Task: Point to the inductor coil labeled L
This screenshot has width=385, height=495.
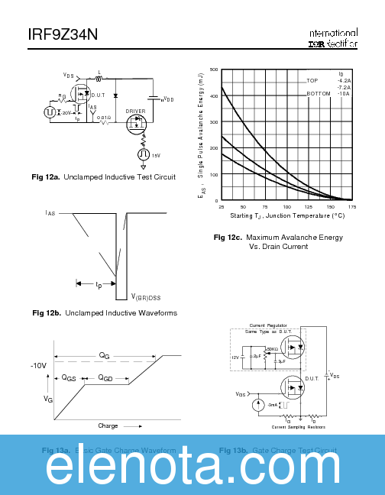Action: pyautogui.click(x=99, y=78)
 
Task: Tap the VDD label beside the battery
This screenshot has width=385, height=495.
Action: pyautogui.click(x=167, y=99)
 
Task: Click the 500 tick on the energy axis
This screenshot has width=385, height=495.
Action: pyautogui.click(x=214, y=70)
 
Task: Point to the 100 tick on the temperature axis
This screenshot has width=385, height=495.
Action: pyautogui.click(x=286, y=207)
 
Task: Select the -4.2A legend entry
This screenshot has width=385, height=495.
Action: pyautogui.click(x=344, y=80)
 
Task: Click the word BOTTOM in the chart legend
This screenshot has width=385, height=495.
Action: pyautogui.click(x=319, y=93)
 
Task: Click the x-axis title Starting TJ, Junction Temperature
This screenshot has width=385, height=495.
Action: pyautogui.click(x=287, y=216)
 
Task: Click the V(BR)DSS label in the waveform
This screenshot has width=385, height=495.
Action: pyautogui.click(x=144, y=296)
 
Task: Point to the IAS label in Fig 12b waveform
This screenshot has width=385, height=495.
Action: pyautogui.click(x=50, y=215)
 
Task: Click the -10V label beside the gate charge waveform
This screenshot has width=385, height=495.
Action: pyautogui.click(x=39, y=366)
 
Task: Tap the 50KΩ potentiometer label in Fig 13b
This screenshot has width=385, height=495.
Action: pyautogui.click(x=272, y=348)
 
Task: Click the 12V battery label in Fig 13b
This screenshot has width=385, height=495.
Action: pyautogui.click(x=235, y=357)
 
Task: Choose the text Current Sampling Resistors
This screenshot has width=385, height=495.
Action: pyautogui.click(x=298, y=427)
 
